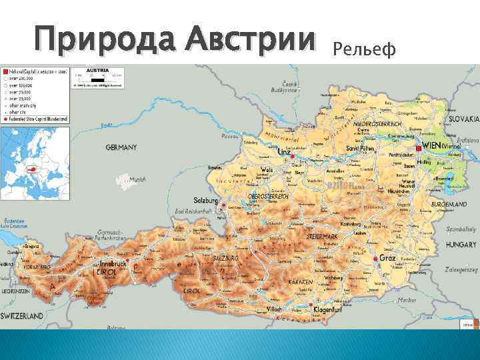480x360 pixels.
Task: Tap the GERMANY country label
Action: (121, 147)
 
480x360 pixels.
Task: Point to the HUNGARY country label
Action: (461, 245)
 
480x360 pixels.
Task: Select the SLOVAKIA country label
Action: (463, 119)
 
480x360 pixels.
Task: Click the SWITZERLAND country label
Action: (23, 315)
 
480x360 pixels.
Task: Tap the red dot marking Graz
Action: (376, 259)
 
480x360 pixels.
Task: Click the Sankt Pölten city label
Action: (359, 148)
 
